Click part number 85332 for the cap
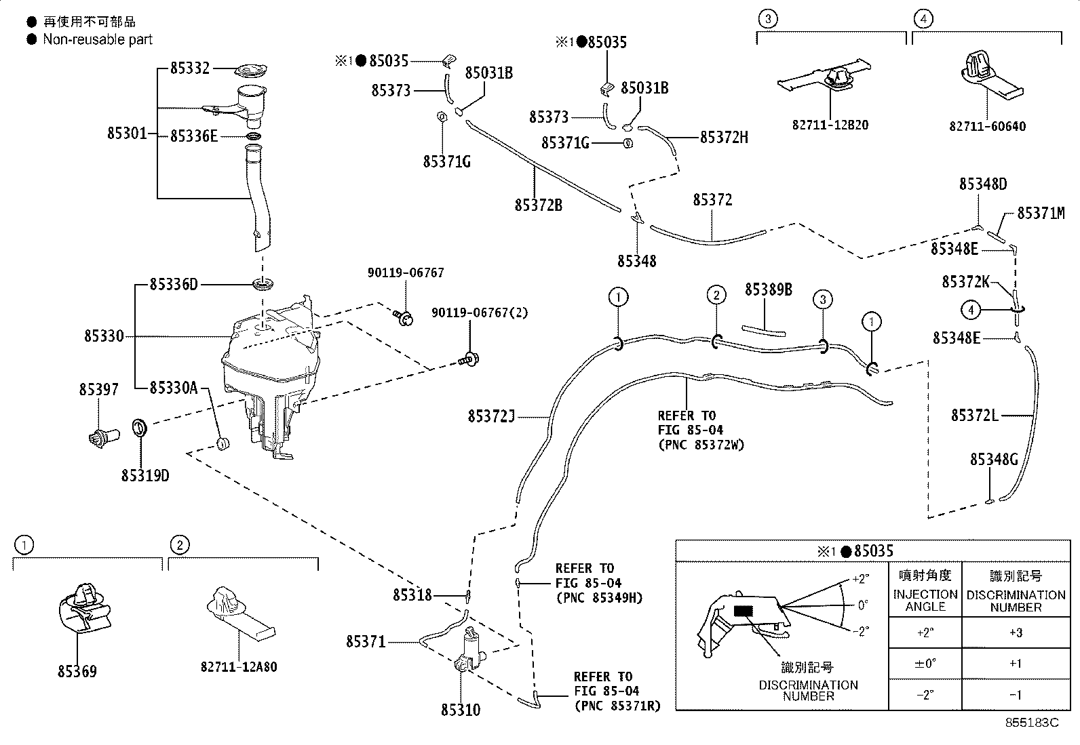pos(190,68)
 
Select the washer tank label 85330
pos(104,336)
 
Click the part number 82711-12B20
pos(830,125)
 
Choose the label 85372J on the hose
pos(492,416)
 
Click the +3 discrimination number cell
pos(1015,632)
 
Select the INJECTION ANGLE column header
pos(925,600)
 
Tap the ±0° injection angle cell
pos(925,664)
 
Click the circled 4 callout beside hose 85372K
pos(971,310)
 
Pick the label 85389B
pos(768,289)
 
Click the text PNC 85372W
pos(701,445)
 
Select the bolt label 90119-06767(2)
pos(480,313)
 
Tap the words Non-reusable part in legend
pos(98,39)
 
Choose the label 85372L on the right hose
pos(974,415)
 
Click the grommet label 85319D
pos(145,476)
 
